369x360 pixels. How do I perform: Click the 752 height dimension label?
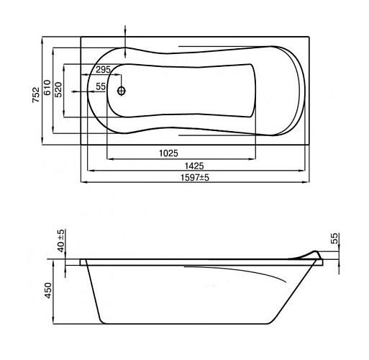(36, 95)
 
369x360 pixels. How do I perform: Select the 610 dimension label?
(47, 87)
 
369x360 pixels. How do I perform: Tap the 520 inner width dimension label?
(58, 89)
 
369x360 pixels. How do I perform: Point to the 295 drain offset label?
(104, 70)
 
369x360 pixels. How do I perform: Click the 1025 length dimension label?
(169, 153)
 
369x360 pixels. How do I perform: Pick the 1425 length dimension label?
(194, 166)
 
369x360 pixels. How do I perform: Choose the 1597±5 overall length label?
(195, 178)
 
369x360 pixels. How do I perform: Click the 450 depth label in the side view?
(48, 290)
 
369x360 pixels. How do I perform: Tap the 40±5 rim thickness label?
(61, 240)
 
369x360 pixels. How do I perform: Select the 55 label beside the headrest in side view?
(334, 238)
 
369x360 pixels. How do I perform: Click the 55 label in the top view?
(101, 86)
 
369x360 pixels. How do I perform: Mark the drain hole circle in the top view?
(122, 91)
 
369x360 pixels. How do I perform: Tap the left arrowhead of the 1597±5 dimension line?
(83, 182)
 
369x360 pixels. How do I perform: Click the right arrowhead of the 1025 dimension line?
(252, 158)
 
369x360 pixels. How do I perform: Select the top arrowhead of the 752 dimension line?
(42, 40)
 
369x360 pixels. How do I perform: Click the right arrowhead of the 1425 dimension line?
(301, 171)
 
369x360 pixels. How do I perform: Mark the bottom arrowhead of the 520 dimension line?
(64, 114)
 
